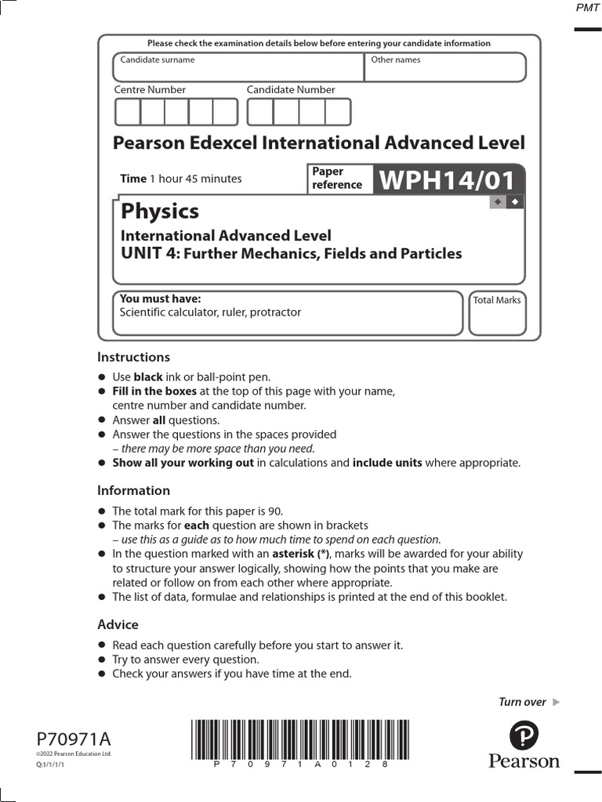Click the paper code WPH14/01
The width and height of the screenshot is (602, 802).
448,181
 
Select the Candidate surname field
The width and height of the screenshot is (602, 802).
238,67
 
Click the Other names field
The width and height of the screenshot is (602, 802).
445,67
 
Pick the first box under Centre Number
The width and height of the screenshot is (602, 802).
127,113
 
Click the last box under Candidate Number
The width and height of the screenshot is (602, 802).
338,113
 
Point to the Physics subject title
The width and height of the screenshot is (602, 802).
159,211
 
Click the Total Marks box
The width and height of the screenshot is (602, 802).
497,313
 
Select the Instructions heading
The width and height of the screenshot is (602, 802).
133,357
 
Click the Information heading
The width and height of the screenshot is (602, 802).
133,490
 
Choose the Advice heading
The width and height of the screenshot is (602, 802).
118,624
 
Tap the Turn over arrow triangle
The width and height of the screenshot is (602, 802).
557,702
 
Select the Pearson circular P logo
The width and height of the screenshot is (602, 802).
524,736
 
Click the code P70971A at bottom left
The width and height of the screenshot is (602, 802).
74,739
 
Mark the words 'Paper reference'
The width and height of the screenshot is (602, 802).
337,179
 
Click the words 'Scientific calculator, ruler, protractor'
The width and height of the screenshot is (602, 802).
210,312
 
